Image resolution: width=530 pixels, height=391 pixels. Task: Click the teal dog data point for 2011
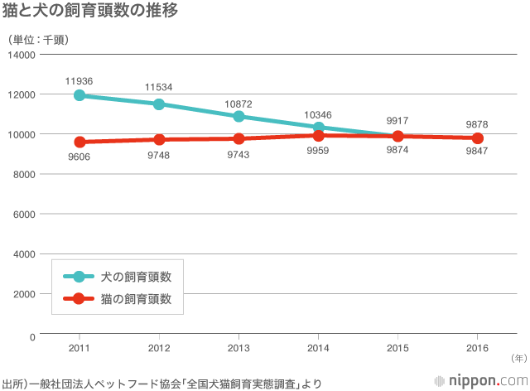79,95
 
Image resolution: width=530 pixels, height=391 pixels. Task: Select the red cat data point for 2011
79,142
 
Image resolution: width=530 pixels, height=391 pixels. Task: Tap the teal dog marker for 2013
238,116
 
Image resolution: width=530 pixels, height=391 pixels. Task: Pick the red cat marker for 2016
477,138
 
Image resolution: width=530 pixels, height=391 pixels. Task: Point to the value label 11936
79,80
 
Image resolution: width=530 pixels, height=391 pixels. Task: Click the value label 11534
159,87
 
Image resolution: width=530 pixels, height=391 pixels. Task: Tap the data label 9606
79,157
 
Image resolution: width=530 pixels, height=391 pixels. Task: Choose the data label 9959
318,151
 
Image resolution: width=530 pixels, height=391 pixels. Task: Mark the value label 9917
397,121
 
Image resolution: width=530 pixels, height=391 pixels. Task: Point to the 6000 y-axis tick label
24,214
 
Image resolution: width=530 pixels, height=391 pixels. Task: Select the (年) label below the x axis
518,358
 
